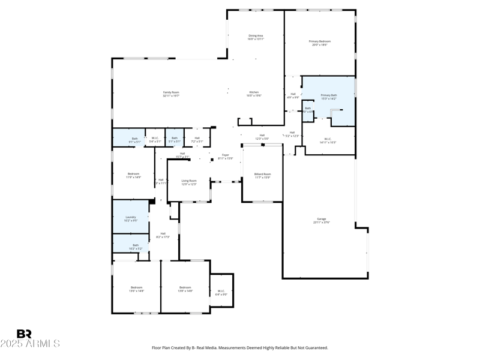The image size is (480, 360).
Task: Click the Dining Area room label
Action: click(x=256, y=37)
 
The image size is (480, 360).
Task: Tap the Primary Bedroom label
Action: click(x=320, y=43)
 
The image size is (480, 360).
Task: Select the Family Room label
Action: click(x=171, y=94)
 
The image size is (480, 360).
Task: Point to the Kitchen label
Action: click(x=254, y=94)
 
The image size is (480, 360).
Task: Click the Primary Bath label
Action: click(x=329, y=97)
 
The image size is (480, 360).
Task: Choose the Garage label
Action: click(x=322, y=220)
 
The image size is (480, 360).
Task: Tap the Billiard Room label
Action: click(x=262, y=175)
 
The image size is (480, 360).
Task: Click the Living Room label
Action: click(x=189, y=182)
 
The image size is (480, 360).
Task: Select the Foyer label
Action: click(x=225, y=157)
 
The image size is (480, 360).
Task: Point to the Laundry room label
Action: click(x=130, y=218)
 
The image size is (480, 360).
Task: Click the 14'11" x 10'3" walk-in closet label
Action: click(x=328, y=140)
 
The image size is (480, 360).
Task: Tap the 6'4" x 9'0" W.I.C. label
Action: click(x=221, y=292)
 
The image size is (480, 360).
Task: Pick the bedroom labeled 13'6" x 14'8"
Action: click(x=136, y=289)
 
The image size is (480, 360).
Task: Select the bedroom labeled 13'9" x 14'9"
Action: click(x=185, y=289)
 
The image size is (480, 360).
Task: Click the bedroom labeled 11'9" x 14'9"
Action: click(x=133, y=175)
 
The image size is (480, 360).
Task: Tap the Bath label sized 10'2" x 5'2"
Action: click(x=136, y=247)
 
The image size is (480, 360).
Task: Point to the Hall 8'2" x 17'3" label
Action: click(x=163, y=235)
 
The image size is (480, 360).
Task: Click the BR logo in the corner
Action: click(x=24, y=334)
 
